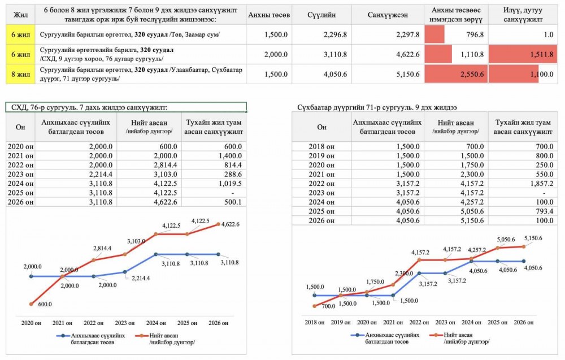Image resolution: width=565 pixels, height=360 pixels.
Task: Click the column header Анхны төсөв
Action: tap(269, 15)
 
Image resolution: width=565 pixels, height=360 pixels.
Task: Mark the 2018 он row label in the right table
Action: tap(321, 146)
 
